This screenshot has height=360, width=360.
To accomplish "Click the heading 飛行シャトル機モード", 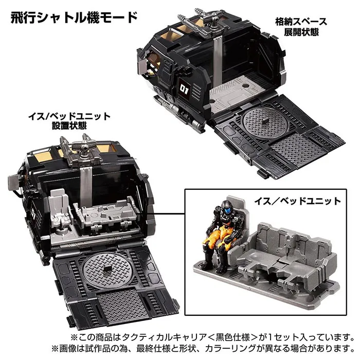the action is [74, 17].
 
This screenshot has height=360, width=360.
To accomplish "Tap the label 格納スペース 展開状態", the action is [301, 27].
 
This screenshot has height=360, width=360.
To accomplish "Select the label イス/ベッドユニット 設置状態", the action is [69, 121].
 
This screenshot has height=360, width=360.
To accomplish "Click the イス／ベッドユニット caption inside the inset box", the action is [298, 201].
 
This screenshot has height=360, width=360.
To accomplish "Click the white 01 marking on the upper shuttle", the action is [184, 89].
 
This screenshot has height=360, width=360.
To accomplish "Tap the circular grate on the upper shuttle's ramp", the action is [265, 122].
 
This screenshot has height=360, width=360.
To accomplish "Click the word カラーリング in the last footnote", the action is [230, 349].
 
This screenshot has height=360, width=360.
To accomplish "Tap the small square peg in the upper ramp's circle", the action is [266, 120].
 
